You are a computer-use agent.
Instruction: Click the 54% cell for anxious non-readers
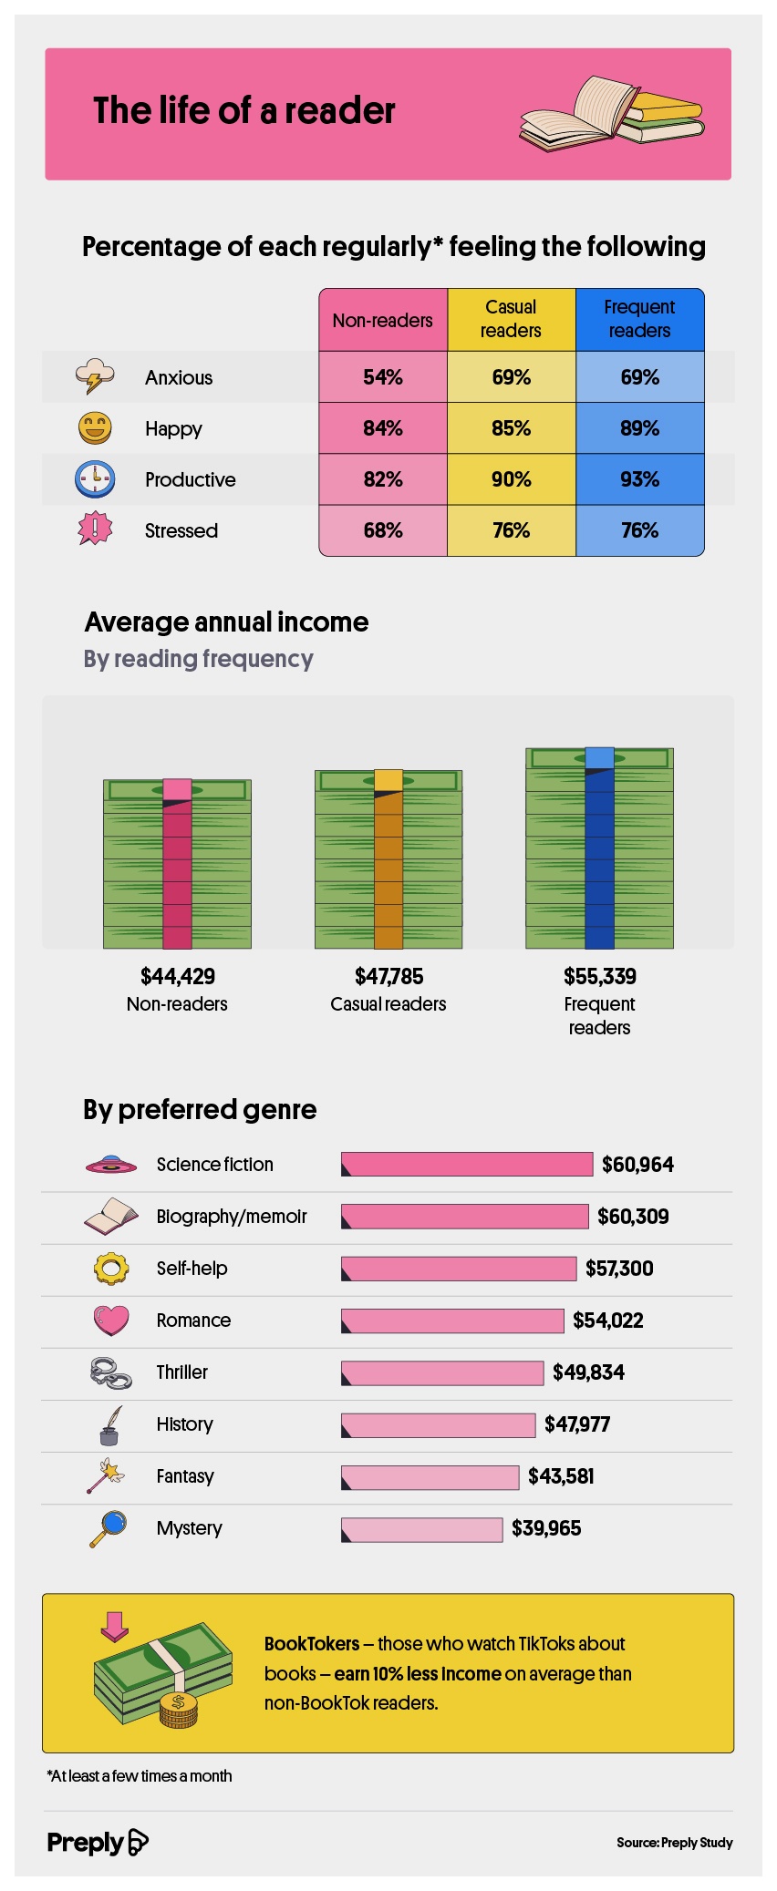pos(383,377)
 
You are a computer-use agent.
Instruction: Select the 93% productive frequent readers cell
pos(639,479)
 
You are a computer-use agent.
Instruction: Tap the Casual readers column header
pos(511,319)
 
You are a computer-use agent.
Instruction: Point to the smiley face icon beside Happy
pos(95,427)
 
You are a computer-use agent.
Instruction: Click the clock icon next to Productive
pos(95,479)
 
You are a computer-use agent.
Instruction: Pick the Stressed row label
pos(181,530)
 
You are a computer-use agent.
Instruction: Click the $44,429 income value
pos(178,977)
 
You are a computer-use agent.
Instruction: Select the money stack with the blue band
pos(599,848)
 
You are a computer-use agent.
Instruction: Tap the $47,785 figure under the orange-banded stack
pos(388,977)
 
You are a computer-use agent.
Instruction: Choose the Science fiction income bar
pos(467,1165)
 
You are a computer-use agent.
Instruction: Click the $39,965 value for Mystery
pos(546,1528)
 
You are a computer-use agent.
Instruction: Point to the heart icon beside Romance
pos(111,1321)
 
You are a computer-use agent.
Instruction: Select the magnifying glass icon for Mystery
pos(108,1529)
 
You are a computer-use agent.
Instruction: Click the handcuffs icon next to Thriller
pos(110,1372)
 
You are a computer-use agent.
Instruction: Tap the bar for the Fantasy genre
pos(430,1477)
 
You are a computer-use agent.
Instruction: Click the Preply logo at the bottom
pos(98,1843)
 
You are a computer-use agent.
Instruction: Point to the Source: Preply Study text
pos(675,1843)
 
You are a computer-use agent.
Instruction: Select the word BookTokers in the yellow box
pos(312,1644)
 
